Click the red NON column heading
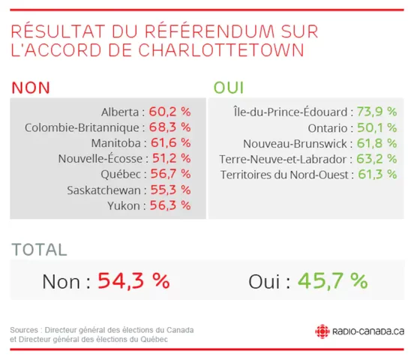tap(31, 87)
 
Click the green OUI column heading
tap(228, 87)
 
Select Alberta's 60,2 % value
tap(169, 111)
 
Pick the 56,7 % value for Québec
tap(169, 173)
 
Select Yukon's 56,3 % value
tap(169, 205)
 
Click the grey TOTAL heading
tap(39, 250)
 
